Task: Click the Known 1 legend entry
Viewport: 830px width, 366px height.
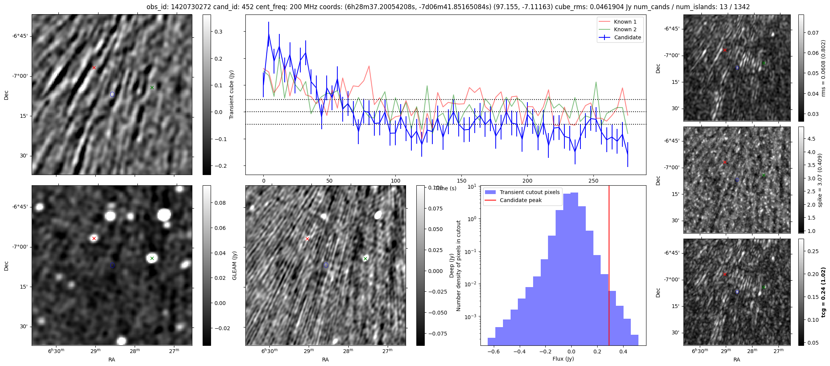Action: coord(625,22)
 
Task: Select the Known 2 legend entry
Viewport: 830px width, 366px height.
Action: coord(625,29)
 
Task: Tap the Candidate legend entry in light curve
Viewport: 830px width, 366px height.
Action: coord(627,37)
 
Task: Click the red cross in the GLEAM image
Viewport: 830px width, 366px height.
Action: coord(94,239)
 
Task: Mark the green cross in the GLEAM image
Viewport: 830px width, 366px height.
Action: coord(152,258)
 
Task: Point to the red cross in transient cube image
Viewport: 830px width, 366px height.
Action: coord(94,68)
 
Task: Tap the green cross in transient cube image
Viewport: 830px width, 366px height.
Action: coord(152,87)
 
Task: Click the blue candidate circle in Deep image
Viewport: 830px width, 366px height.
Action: coord(326,265)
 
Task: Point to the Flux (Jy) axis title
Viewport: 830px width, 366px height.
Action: coord(563,359)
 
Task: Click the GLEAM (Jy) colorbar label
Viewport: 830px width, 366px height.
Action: coord(235,265)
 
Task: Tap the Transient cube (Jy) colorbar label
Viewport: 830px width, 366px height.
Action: coord(231,95)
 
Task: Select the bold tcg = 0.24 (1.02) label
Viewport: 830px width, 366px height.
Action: coord(824,292)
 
